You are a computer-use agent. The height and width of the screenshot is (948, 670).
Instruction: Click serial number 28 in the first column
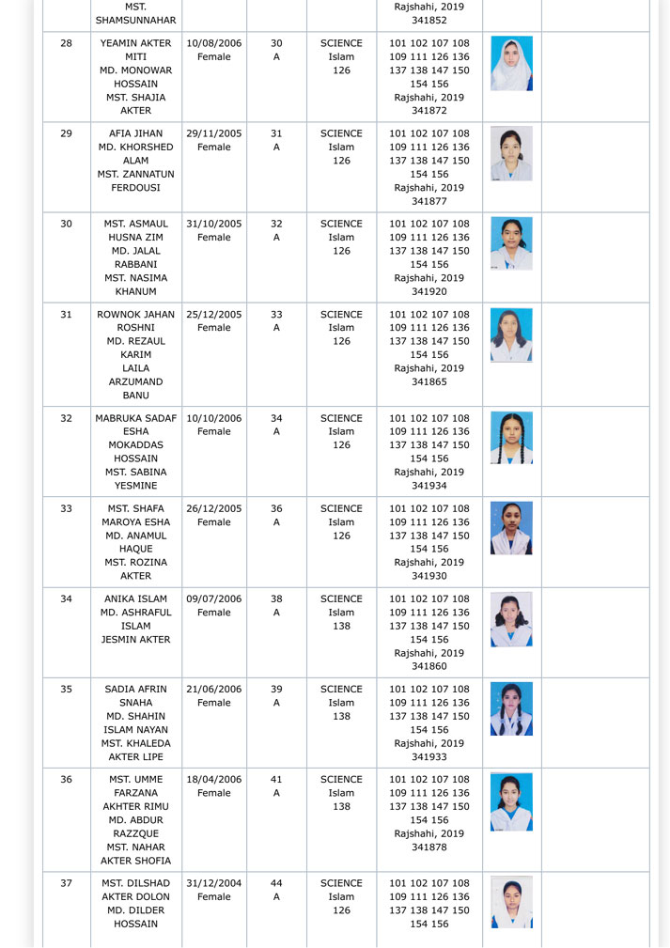click(66, 43)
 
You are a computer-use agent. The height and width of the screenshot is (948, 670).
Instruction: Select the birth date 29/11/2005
click(214, 133)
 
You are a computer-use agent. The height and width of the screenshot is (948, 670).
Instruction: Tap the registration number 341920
click(428, 291)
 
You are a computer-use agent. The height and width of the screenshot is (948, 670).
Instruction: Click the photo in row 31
click(511, 335)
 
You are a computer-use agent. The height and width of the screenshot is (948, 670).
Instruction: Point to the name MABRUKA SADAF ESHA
click(136, 426)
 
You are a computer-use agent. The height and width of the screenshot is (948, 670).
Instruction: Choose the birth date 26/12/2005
click(214, 509)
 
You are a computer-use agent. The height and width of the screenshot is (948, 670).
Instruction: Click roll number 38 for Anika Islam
click(276, 598)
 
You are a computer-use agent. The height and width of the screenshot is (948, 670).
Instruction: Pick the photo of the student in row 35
click(511, 708)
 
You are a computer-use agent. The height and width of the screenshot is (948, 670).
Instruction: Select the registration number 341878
click(428, 847)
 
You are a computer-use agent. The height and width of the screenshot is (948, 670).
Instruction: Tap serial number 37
click(66, 883)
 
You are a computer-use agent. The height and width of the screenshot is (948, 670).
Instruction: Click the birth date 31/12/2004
click(214, 883)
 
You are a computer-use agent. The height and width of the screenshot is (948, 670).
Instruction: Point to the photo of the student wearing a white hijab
click(511, 63)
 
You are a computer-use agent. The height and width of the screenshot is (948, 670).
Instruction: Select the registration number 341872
click(428, 111)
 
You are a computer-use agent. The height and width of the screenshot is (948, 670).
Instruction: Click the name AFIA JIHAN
click(136, 133)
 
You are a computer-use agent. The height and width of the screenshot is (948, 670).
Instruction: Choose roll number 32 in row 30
click(276, 224)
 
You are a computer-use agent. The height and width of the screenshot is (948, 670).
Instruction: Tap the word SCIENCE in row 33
click(341, 509)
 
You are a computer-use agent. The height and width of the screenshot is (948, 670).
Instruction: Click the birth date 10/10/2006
click(214, 418)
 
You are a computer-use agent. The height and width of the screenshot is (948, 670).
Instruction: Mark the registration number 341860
click(428, 666)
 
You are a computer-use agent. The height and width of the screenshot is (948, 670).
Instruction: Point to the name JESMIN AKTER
click(136, 639)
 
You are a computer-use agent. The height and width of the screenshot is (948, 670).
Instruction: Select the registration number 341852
click(428, 19)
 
